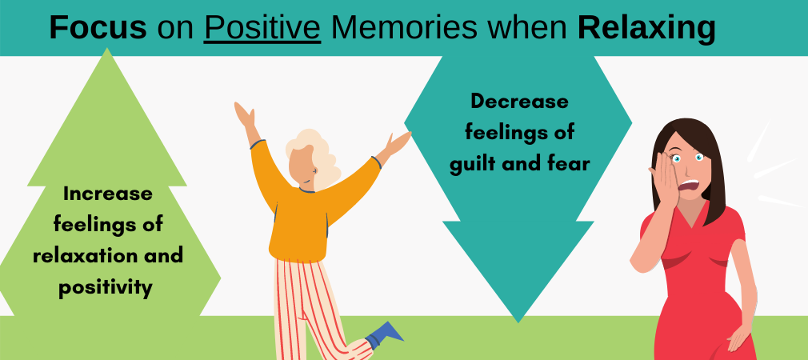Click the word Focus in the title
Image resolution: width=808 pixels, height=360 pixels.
click(x=98, y=28)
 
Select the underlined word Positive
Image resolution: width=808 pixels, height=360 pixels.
click(x=262, y=28)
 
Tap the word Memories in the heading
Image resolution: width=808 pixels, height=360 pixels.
click(x=404, y=28)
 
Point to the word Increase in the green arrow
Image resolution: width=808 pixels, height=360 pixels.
click(x=108, y=194)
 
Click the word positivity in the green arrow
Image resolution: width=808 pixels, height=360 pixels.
click(x=105, y=287)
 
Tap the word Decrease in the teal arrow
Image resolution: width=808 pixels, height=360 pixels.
click(x=519, y=101)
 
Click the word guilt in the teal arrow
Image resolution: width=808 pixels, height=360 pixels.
click(x=474, y=164)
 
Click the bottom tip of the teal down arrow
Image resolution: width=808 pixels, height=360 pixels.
click(x=518, y=322)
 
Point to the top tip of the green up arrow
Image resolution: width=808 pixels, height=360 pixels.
click(x=107, y=49)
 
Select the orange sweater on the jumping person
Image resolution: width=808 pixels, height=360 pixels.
click(x=309, y=206)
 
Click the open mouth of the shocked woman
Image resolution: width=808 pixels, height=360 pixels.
click(x=689, y=186)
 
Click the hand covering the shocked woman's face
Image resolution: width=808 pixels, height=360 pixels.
click(x=665, y=180)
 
